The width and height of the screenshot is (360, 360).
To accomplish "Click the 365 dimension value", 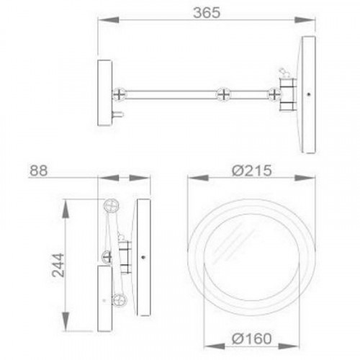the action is pyautogui.click(x=207, y=13).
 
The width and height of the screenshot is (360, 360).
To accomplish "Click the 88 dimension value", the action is pyautogui.click(x=38, y=171).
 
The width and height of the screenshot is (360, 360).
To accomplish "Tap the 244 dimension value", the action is pyautogui.click(x=58, y=265).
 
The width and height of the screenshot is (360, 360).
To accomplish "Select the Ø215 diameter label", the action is pyautogui.click(x=252, y=171).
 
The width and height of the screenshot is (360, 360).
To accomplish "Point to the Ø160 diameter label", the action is pyautogui.click(x=252, y=338).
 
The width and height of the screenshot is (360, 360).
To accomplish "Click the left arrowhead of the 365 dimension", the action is pyautogui.click(x=108, y=19).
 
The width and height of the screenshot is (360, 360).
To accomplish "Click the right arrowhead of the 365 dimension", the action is pyautogui.click(x=305, y=19).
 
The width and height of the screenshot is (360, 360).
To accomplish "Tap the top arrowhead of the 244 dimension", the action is pyautogui.click(x=66, y=209).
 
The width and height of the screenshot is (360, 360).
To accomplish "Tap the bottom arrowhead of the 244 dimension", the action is pyautogui.click(x=66, y=322).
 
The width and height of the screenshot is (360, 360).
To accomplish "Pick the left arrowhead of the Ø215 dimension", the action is pyautogui.click(x=198, y=178).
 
